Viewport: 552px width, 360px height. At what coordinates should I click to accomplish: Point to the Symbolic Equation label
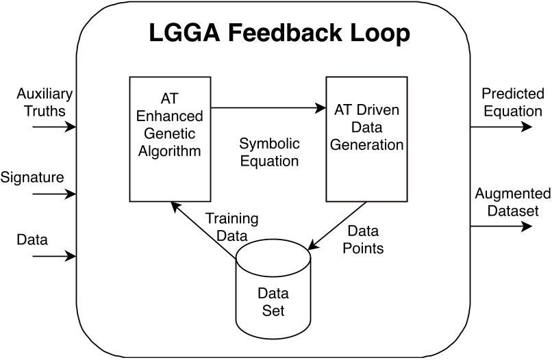pos(268,153)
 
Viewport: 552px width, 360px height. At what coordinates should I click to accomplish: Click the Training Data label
pos(232,227)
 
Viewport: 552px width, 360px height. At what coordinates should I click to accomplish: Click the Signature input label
pos(32,177)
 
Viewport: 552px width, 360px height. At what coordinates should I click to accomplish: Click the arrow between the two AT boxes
pos(267,107)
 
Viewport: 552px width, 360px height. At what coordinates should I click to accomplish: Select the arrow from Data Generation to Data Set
pos(338,226)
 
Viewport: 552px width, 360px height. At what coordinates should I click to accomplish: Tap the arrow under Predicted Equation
pos(500,127)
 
